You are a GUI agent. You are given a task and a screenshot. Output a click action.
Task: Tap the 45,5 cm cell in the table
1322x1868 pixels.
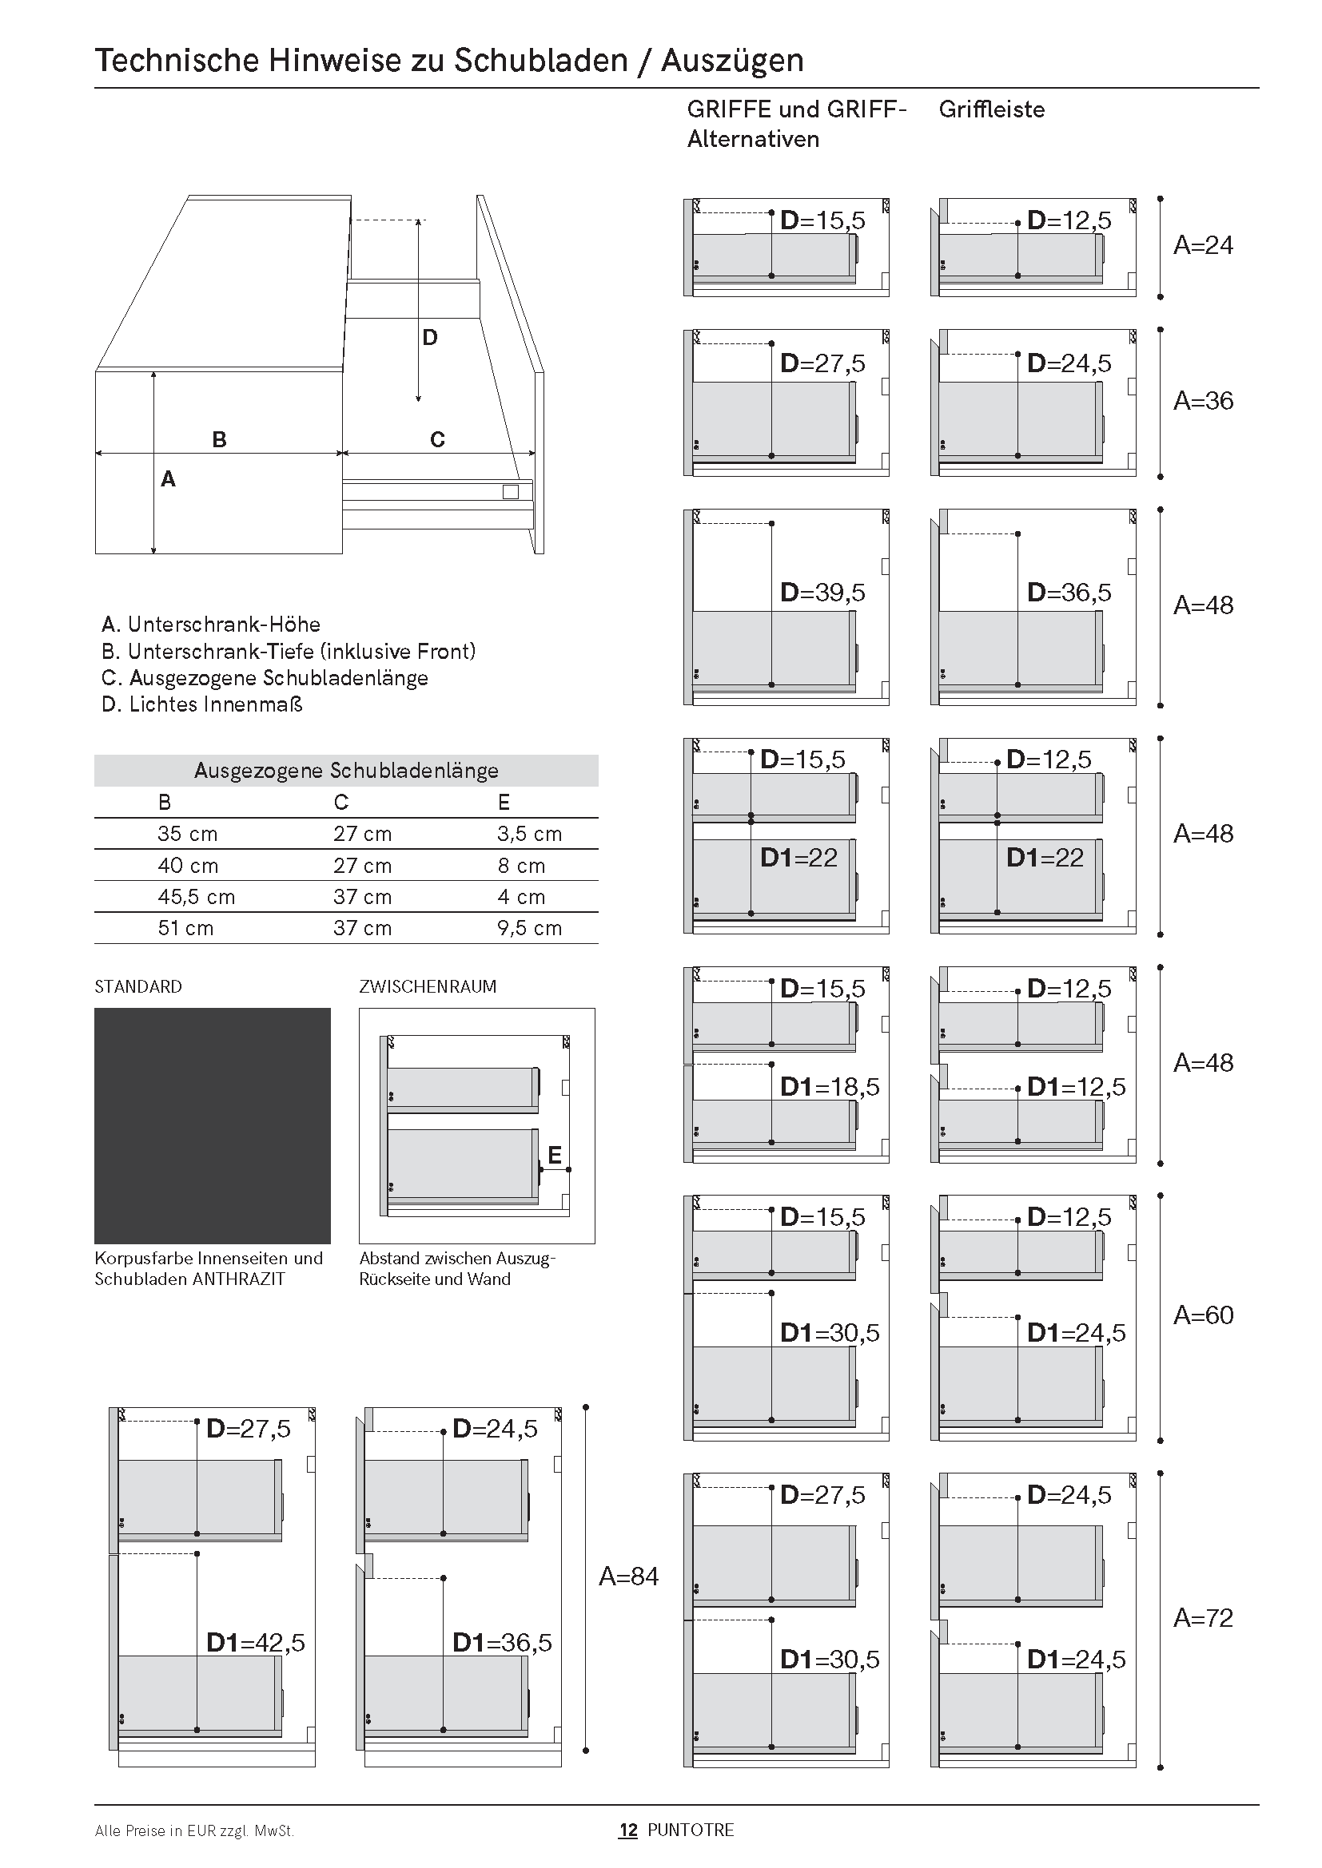point(196,897)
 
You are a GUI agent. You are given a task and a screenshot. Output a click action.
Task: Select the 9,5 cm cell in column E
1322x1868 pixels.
point(529,928)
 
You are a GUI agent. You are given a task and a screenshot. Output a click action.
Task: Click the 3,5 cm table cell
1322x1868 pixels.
point(529,834)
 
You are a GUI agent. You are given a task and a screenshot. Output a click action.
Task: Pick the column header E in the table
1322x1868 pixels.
point(504,802)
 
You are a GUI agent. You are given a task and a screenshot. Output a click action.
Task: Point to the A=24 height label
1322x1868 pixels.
point(1203,245)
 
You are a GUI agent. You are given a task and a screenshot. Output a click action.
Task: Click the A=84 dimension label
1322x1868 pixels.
point(628,1576)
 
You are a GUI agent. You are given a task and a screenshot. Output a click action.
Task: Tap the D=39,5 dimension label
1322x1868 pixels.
point(823,593)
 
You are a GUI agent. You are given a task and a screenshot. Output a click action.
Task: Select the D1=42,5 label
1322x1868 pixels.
point(256,1642)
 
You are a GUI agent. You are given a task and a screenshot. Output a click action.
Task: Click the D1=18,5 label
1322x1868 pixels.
point(830,1086)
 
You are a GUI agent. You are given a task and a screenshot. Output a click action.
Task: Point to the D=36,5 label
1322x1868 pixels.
point(1069,593)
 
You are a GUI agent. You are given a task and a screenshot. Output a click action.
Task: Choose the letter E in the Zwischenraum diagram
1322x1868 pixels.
point(555,1155)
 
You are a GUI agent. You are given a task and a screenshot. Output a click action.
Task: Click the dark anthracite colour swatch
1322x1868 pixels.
point(213,1125)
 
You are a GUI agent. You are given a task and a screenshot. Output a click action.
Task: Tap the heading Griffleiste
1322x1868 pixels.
point(991,109)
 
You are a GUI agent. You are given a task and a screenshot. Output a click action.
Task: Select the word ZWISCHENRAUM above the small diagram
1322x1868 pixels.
point(428,986)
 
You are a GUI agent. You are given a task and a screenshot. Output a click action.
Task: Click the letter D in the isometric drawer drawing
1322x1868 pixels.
point(430,337)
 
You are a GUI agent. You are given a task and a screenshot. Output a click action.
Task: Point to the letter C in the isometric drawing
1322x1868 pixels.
point(437,439)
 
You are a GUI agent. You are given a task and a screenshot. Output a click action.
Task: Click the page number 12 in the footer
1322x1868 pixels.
point(627,1830)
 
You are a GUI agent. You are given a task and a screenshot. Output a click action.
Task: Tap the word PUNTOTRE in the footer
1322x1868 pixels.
point(691,1830)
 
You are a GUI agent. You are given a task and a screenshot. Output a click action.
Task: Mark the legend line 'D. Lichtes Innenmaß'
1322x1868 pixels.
point(202,704)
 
